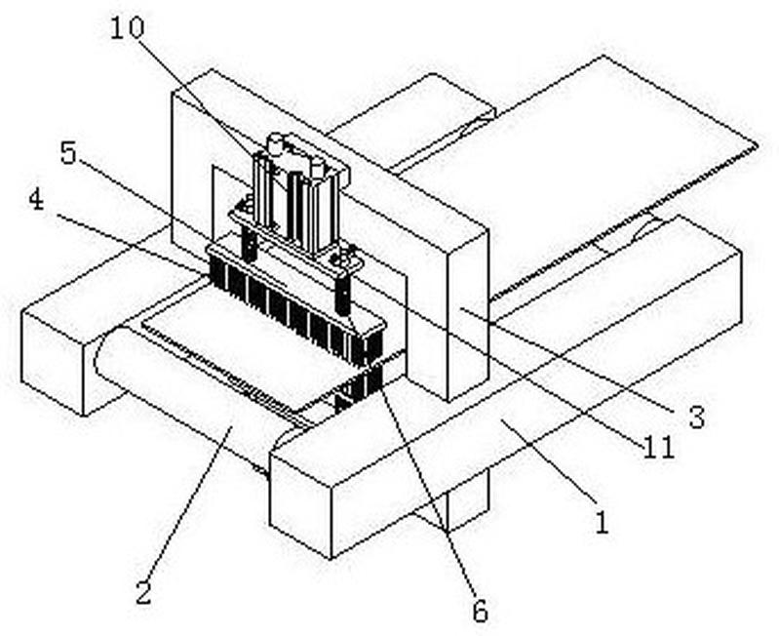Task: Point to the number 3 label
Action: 695,417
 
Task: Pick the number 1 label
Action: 602,524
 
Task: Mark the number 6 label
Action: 479,612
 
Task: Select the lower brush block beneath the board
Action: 359,385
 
